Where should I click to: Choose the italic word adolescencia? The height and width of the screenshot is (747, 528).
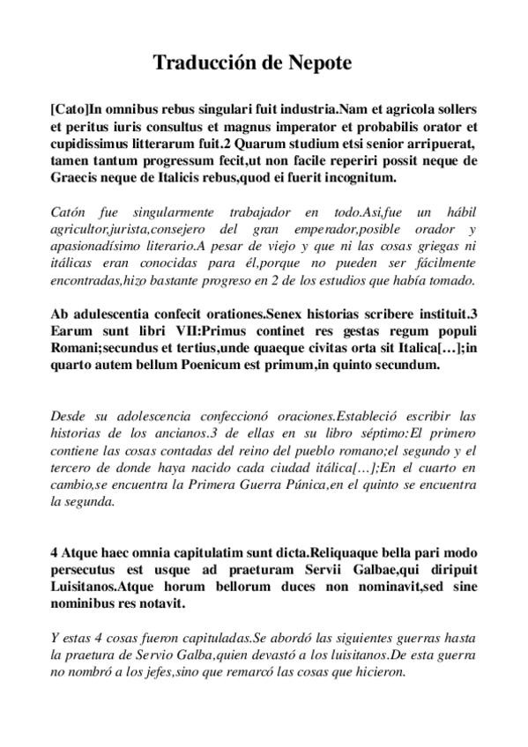(x=141, y=416)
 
